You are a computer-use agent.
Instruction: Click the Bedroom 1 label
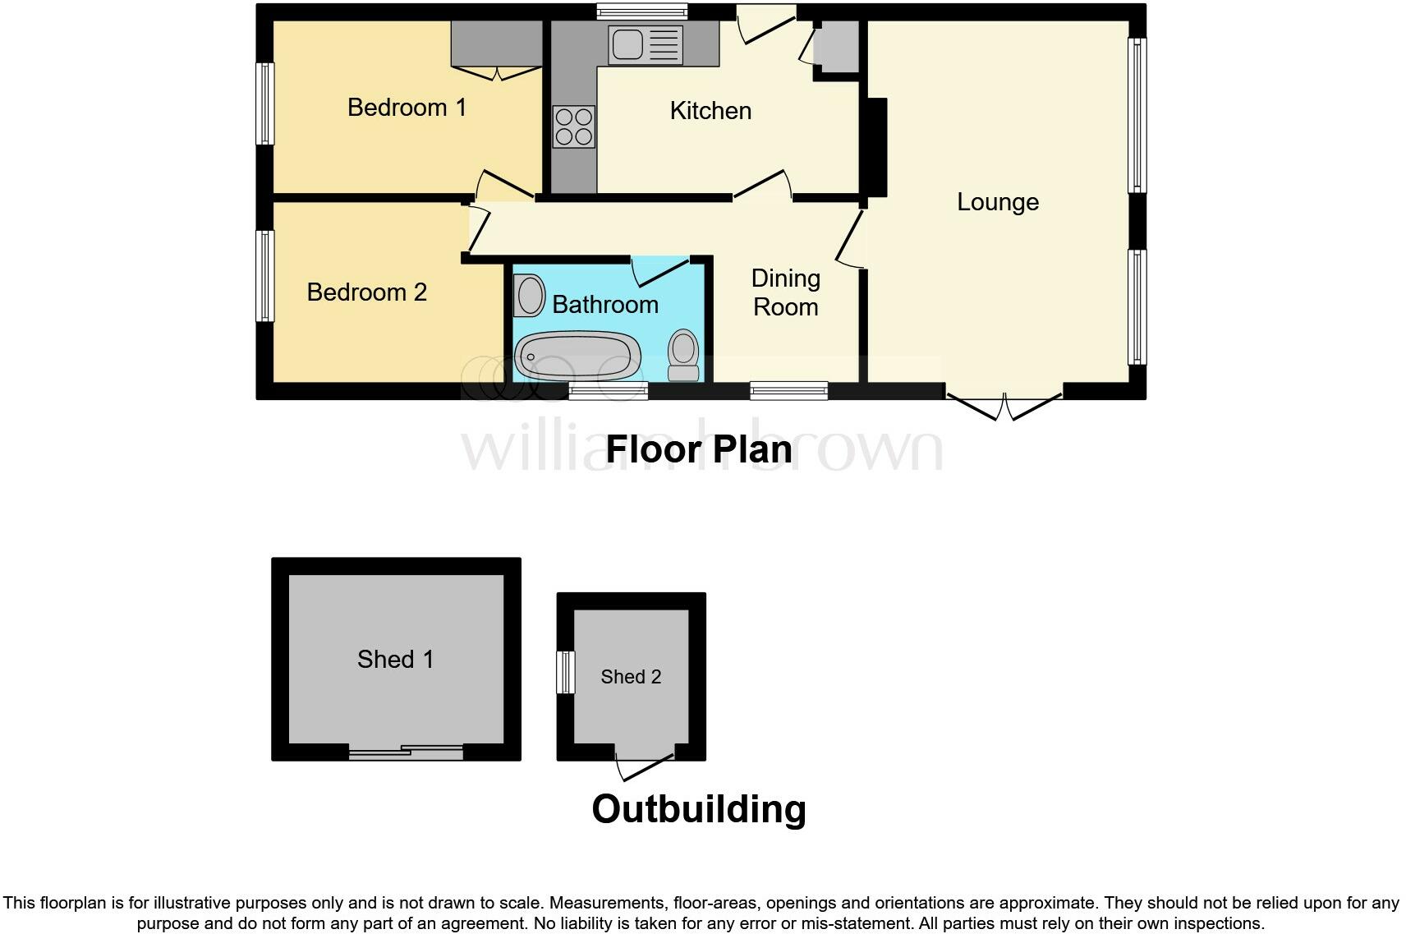pos(407,108)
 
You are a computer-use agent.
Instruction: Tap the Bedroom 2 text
pos(366,292)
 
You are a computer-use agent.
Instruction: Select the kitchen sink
pos(645,44)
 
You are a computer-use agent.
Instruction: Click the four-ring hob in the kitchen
pos(573,127)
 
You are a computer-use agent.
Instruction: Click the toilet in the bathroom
pos(683,355)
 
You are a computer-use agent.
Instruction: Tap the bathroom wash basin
pos(529,295)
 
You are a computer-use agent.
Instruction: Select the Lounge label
pos(997,202)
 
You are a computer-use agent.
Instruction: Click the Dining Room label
pos(785,292)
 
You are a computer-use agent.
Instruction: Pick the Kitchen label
pos(710,111)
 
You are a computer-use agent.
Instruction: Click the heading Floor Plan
pos(699,449)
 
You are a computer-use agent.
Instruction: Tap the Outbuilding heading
pos(699,809)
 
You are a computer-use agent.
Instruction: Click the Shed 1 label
pos(395,659)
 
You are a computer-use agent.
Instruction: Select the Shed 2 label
pos(631,677)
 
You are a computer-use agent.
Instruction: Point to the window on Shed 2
pos(565,672)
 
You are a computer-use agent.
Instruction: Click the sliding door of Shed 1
pos(406,751)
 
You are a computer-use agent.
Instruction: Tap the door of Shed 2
pos(646,764)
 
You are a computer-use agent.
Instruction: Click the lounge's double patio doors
pos(1004,405)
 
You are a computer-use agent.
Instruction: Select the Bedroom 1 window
pos(264,104)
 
